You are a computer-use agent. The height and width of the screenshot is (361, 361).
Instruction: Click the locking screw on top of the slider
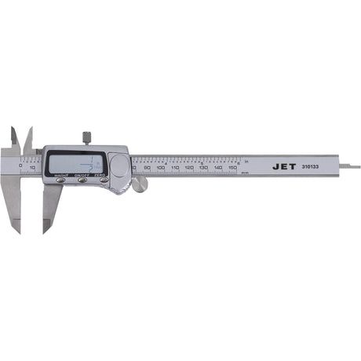point(86,139)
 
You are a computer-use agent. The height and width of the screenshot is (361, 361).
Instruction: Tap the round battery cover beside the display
point(120,166)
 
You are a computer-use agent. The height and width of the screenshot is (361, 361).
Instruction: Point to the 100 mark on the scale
point(160,168)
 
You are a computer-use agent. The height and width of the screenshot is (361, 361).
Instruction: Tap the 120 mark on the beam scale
point(189,168)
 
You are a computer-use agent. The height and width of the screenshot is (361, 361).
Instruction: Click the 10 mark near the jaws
point(32,167)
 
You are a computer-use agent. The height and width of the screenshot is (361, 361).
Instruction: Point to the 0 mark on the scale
point(21,166)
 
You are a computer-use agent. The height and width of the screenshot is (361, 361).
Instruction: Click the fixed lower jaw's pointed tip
point(17,230)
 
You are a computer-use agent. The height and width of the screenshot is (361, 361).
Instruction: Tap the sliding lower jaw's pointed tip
point(45,230)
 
